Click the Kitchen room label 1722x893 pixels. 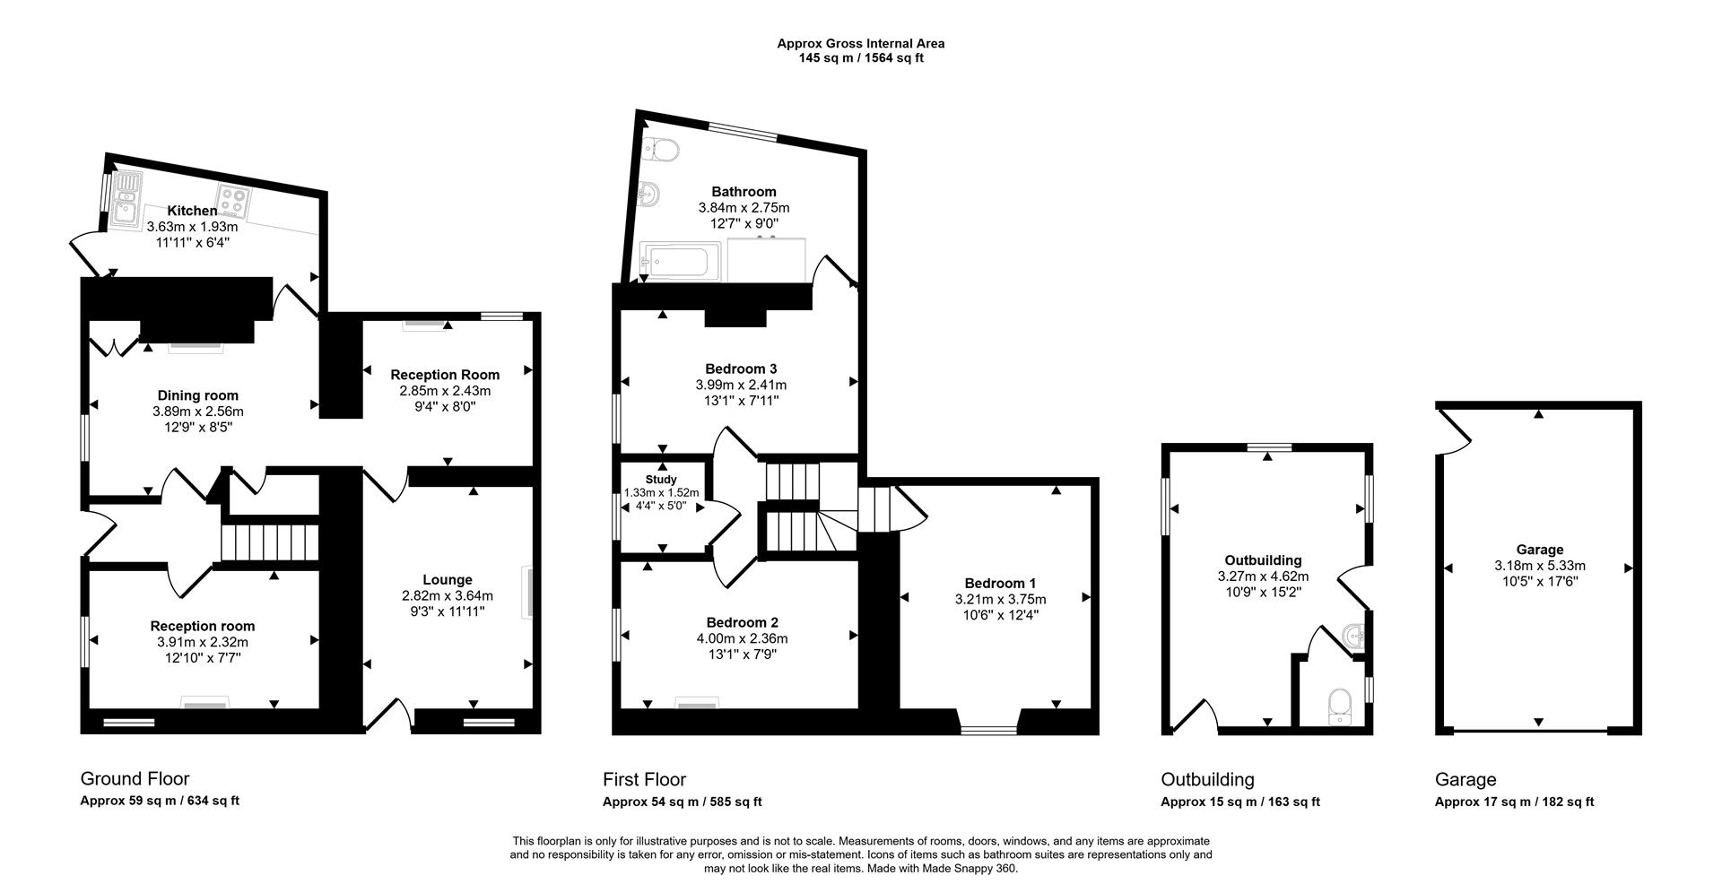point(192,211)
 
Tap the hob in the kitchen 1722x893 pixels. point(233,201)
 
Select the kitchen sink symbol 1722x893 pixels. point(126,197)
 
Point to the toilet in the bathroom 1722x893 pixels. point(661,149)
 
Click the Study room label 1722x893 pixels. point(661,480)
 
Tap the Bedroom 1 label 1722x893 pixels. point(1000,583)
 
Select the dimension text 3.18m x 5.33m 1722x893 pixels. point(1539,566)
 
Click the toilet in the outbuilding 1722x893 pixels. point(1340,704)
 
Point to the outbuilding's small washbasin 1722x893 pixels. point(1354,636)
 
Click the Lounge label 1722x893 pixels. point(448,580)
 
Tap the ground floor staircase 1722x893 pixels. point(271,542)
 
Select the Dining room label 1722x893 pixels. point(198,395)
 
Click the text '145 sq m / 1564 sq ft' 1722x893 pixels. point(860,58)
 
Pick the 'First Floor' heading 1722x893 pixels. point(644,779)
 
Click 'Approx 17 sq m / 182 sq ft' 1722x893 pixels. point(1514,802)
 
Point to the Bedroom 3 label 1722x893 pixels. point(741,368)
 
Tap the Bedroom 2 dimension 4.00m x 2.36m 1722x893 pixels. point(742,638)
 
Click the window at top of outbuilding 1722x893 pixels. point(1268,446)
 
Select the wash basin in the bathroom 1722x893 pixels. point(652,192)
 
